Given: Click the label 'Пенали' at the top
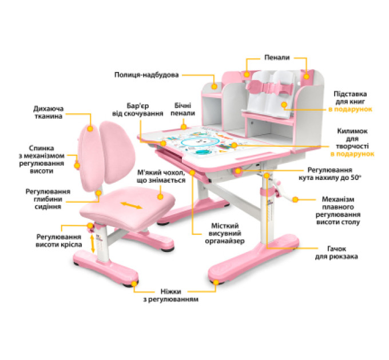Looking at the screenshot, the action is [277, 58].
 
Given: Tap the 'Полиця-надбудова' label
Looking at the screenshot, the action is [146, 75].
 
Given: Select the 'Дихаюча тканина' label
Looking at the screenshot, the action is [49, 113].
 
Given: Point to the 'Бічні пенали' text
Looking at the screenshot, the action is [182, 110].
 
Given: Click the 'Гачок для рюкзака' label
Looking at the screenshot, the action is [336, 253].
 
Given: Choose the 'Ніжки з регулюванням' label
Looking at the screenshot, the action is [170, 295].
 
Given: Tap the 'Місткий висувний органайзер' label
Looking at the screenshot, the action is [224, 233].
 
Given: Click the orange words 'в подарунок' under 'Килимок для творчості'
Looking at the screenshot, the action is [352, 154].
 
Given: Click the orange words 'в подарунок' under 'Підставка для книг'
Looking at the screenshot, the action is [350, 109].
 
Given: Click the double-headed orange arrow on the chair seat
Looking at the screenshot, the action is [131, 205].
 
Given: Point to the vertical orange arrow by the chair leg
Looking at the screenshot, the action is [93, 244].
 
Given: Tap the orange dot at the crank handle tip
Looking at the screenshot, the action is [295, 199].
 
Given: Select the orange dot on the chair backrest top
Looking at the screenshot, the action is [90, 129].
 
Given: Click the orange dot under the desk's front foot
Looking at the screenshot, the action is [216, 282].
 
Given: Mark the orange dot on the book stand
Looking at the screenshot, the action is [284, 105].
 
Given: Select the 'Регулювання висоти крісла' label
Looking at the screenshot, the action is [59, 241].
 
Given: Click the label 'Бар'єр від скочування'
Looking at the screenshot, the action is [138, 110].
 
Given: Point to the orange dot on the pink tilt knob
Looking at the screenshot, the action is [238, 171].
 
